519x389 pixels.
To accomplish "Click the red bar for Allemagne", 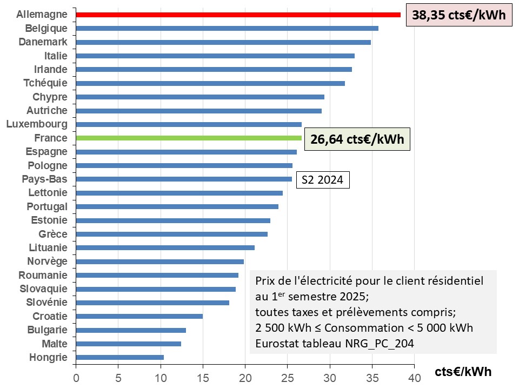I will [x=238, y=15].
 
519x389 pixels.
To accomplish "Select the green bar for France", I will [x=189, y=138].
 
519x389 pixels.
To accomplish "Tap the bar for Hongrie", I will [x=119, y=357].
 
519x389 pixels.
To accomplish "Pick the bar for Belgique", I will [x=227, y=28].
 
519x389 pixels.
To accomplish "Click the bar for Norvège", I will [x=160, y=261].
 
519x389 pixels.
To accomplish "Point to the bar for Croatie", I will [x=139, y=316].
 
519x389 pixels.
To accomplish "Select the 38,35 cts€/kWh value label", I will [x=458, y=15].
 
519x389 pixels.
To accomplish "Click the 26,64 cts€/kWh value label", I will [x=357, y=139].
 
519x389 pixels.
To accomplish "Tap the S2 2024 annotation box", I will [x=322, y=180].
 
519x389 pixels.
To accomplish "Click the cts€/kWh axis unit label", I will [x=463, y=372].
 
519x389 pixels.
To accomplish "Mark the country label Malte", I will [x=55, y=344].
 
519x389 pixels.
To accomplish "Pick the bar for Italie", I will [x=215, y=56].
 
